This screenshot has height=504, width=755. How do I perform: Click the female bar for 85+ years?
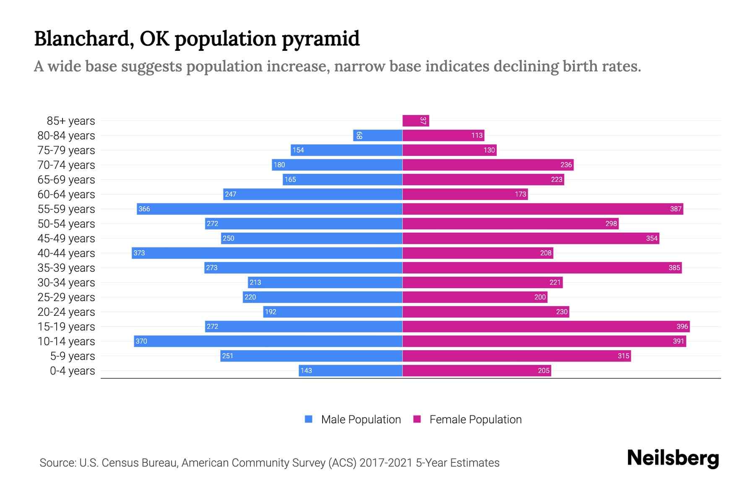point(415,121)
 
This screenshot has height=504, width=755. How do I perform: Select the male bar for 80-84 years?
point(377,136)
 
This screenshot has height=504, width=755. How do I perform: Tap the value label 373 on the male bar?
point(139,253)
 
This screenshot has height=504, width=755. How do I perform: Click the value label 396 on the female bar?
point(682,327)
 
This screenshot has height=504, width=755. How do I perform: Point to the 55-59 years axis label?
point(66,209)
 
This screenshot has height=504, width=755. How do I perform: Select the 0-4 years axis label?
point(72,371)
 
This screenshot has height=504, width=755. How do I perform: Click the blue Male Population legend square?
point(309,419)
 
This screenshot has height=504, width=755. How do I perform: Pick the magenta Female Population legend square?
point(417,419)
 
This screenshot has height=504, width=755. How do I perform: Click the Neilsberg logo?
point(673,459)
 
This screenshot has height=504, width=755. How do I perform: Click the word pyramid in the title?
point(320,39)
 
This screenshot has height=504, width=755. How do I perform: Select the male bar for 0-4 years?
point(350,371)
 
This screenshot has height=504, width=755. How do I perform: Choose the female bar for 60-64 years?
point(465,194)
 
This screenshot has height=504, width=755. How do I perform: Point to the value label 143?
point(306,371)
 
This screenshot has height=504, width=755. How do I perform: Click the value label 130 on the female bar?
point(489,150)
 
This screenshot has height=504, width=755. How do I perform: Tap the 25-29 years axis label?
point(66,297)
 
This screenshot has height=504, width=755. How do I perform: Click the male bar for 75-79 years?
point(346,150)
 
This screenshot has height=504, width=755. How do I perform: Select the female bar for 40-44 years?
point(477,253)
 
